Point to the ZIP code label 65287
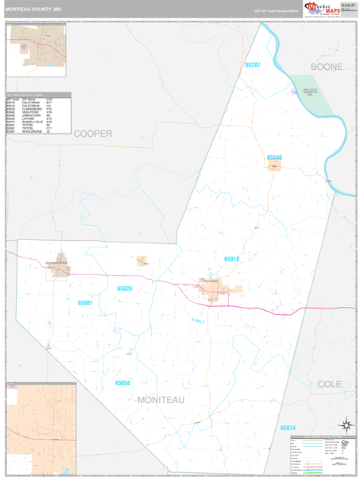pos(253,64)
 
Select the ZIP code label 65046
pos(274,157)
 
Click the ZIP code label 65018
pos(231,259)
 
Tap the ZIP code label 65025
pos(124,289)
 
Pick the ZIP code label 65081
pos(86,303)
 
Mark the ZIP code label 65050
pos(122,382)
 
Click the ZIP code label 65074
pos(288,428)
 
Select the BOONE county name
pos(327,67)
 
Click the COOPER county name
pos(93,134)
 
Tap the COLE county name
pos(330,383)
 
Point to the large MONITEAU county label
pos(161,400)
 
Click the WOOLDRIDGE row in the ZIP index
pos(32,131)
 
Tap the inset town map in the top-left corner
pos(37,55)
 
